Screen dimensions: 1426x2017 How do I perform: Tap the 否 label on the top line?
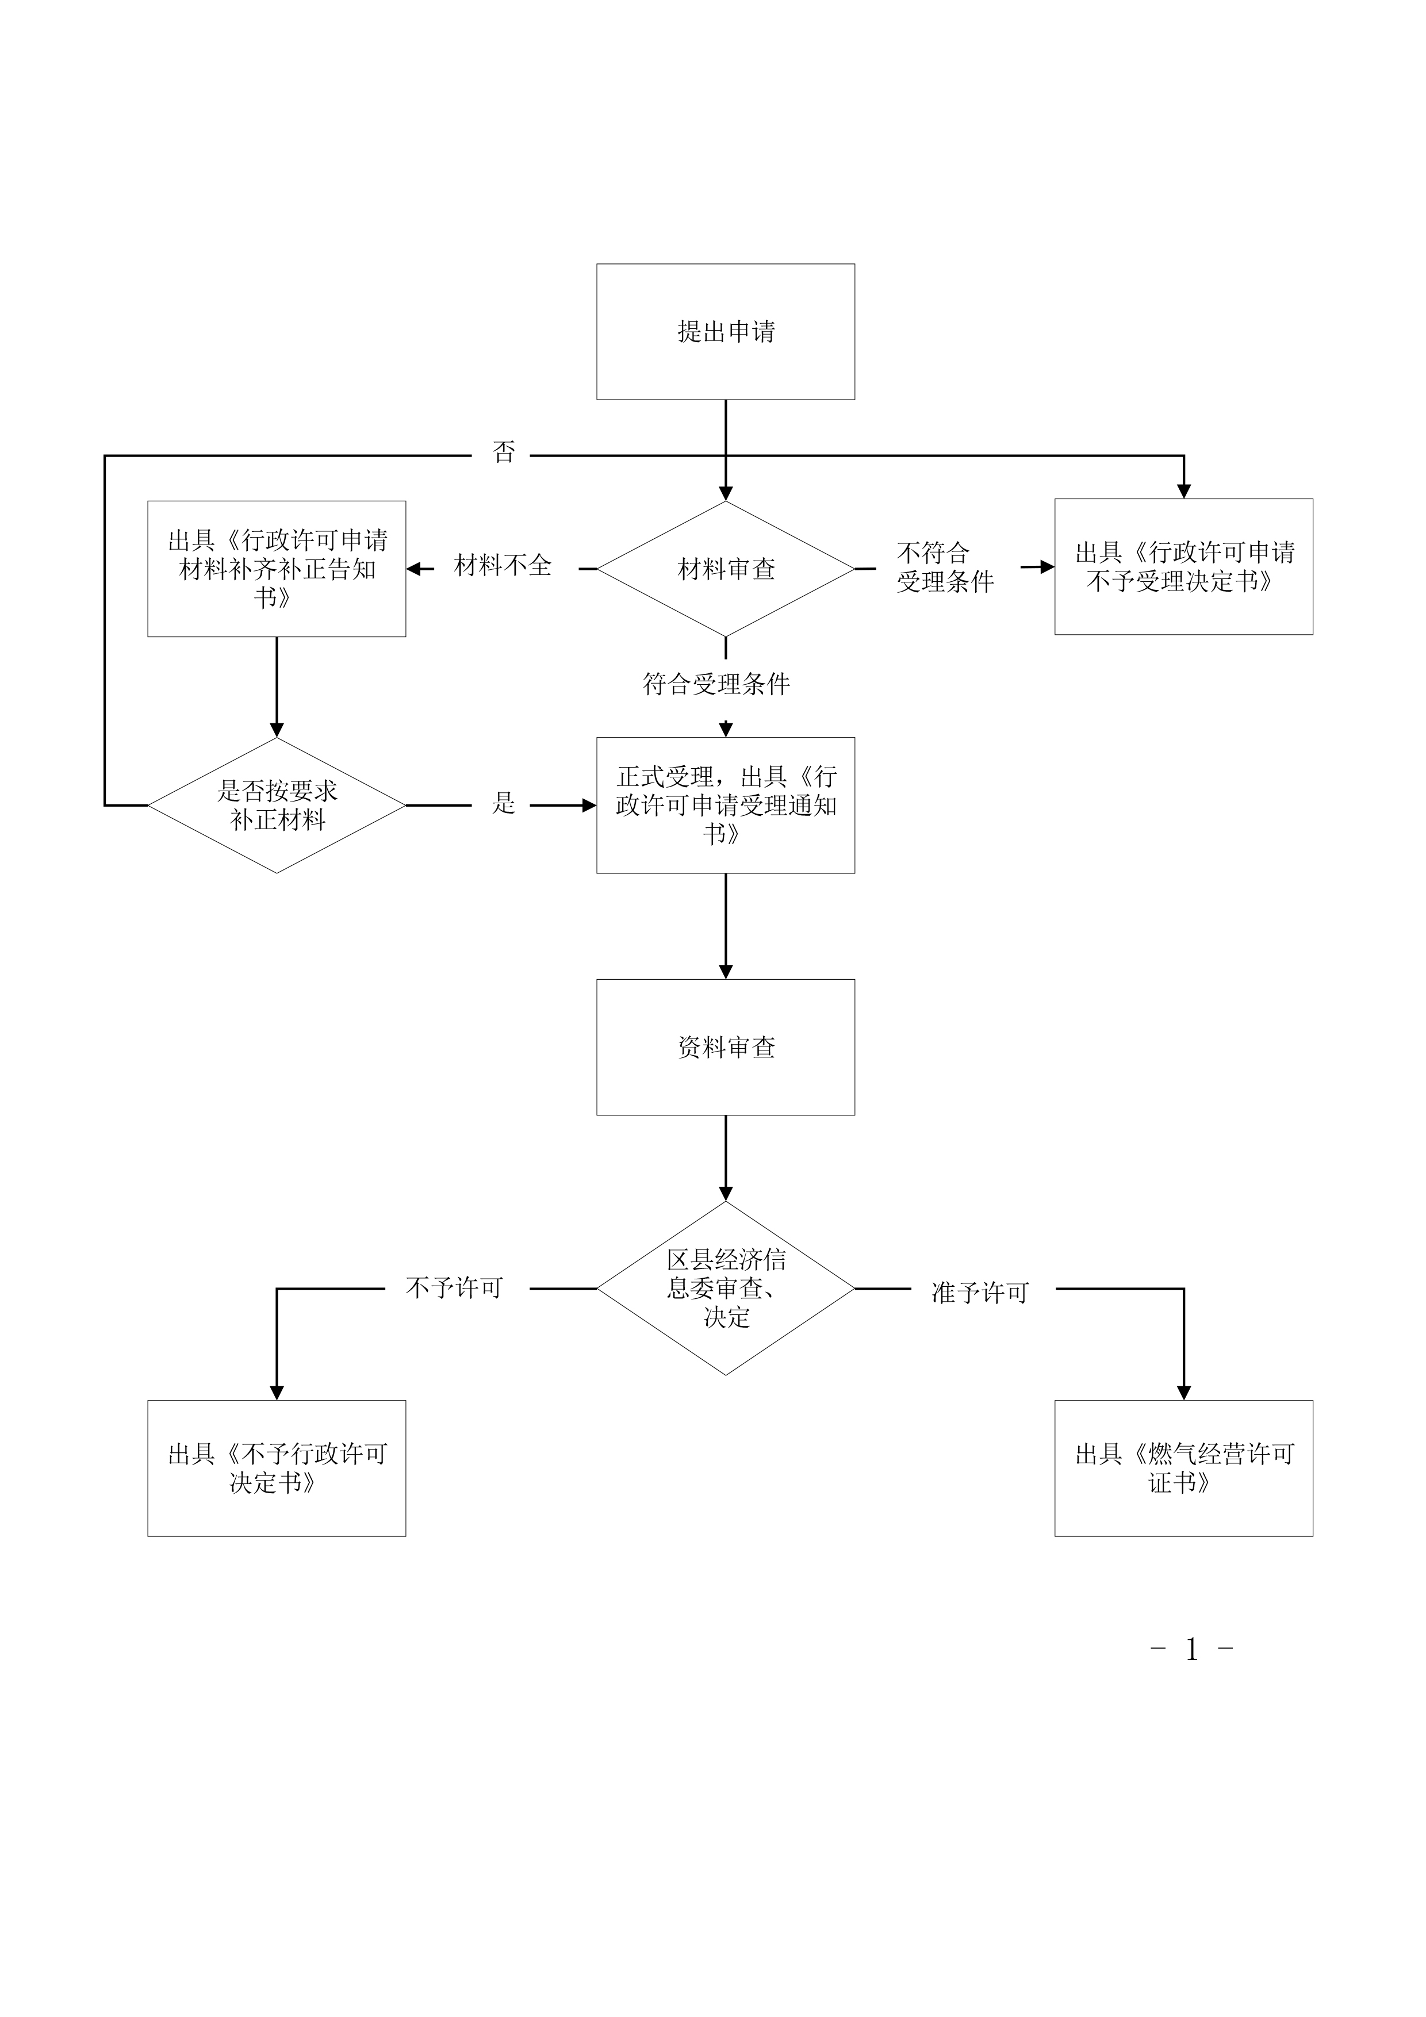pyautogui.click(x=504, y=453)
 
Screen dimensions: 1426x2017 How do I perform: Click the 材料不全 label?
pyautogui.click(x=503, y=566)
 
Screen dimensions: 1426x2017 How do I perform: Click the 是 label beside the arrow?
pyautogui.click(x=504, y=803)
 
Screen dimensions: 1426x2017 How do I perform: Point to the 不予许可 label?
pyautogui.click(x=454, y=1288)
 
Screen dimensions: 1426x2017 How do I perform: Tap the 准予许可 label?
pyautogui.click(x=980, y=1293)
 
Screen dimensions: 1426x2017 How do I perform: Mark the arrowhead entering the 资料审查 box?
pyautogui.click(x=726, y=972)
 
